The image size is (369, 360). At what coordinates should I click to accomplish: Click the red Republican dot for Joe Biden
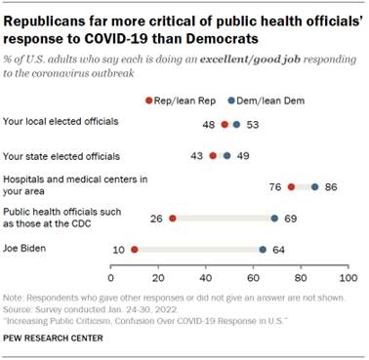click(134, 249)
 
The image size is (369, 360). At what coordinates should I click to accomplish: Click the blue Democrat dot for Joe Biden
click(263, 249)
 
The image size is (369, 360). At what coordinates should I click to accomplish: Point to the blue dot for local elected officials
click(236, 124)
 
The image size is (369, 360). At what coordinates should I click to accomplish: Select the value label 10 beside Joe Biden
click(117, 249)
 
